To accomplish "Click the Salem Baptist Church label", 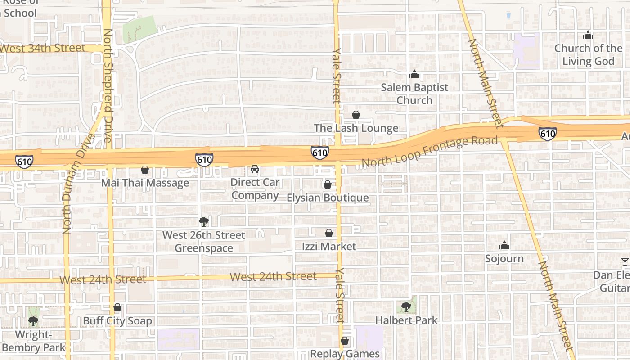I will pyautogui.click(x=414, y=94).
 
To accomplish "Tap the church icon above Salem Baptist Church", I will pyautogui.click(x=414, y=74).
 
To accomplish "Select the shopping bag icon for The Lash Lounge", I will pyautogui.click(x=356, y=115).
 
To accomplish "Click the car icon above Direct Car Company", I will pyautogui.click(x=255, y=169).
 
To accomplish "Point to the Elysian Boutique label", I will pyautogui.click(x=328, y=198).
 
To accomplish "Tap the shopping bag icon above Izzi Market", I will pyautogui.click(x=329, y=233).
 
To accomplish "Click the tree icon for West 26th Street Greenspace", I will pyautogui.click(x=204, y=221).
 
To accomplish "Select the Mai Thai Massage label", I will pyautogui.click(x=145, y=183).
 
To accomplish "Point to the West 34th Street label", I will pyautogui.click(x=42, y=48).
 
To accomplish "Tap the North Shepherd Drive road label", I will pyautogui.click(x=108, y=85).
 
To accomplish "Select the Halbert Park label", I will pyautogui.click(x=406, y=320).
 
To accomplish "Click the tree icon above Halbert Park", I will pyautogui.click(x=406, y=306).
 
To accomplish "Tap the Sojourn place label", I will pyautogui.click(x=504, y=258).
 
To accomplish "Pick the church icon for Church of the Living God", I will pyautogui.click(x=588, y=35).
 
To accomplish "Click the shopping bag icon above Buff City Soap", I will pyautogui.click(x=117, y=307).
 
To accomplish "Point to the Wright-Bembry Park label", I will pyautogui.click(x=34, y=341).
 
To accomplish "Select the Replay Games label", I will pyautogui.click(x=345, y=354).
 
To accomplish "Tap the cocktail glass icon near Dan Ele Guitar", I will pyautogui.click(x=625, y=261).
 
